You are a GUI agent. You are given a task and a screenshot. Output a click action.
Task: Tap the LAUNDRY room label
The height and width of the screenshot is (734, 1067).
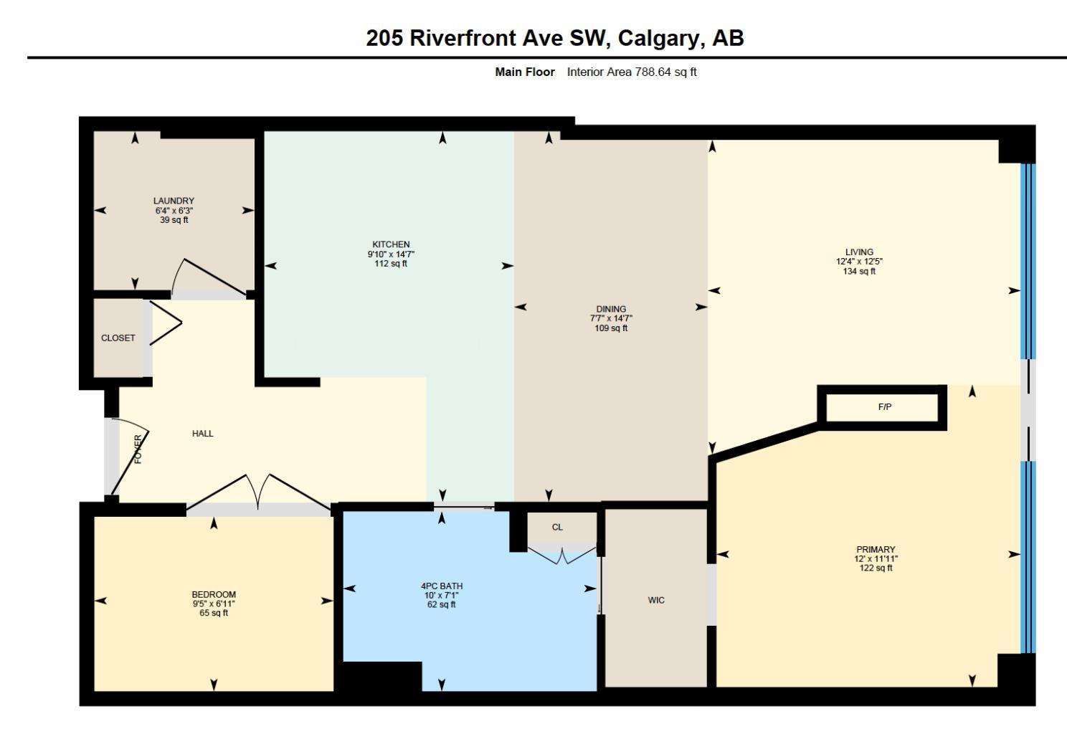coord(174,201)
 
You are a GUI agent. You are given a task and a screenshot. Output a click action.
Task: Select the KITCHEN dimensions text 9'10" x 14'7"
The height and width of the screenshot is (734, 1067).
coord(391,254)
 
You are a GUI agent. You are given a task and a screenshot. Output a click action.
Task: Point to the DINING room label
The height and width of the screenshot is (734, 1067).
coord(611,309)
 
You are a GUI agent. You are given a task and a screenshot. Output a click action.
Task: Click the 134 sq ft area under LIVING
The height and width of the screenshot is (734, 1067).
coord(859,272)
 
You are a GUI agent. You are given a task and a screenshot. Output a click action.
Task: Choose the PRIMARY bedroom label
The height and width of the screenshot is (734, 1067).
coord(876,549)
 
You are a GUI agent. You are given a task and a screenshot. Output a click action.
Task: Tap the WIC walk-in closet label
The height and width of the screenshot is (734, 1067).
coord(656,600)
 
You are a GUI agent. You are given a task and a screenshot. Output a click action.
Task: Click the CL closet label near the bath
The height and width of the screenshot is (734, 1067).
coord(557,527)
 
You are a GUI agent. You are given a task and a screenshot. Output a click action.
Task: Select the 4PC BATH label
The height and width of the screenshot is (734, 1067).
coord(442,586)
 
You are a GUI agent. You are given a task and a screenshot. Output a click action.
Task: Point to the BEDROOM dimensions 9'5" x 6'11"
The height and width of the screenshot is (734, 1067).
coord(214,604)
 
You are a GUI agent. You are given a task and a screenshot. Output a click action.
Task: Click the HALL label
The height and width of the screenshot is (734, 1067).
coord(202,433)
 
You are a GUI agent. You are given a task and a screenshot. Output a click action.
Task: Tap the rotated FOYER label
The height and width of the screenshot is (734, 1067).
coord(138,449)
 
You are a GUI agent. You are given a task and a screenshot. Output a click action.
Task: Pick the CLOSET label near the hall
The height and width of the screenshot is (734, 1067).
coord(118,338)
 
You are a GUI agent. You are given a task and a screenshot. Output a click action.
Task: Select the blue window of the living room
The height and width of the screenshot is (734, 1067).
coord(1028,261)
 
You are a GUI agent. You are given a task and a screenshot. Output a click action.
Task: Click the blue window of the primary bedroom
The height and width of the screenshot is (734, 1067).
coord(1028,558)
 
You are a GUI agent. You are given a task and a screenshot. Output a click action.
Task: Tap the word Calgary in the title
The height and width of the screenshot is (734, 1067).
coord(661,38)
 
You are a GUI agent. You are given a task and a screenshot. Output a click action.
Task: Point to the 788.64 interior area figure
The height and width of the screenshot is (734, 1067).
coord(653,72)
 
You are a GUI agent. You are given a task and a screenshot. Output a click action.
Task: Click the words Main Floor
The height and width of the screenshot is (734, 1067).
coord(525,72)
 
